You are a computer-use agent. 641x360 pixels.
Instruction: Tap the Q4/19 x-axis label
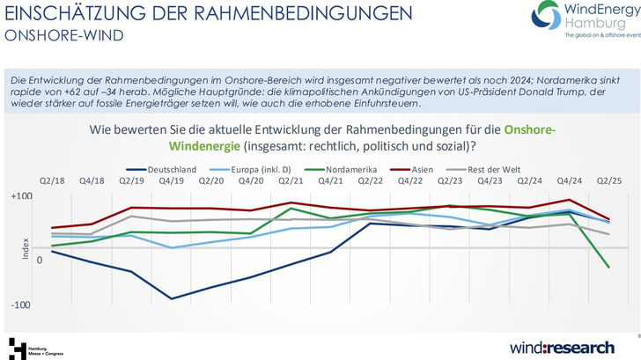tap(171, 181)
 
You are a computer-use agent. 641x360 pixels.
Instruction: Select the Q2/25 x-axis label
tap(609, 181)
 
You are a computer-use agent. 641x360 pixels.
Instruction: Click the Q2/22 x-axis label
tap(371, 181)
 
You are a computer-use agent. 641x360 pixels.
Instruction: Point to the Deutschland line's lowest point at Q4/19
tap(171, 298)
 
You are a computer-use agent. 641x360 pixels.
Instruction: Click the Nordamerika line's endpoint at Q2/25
tap(609, 268)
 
